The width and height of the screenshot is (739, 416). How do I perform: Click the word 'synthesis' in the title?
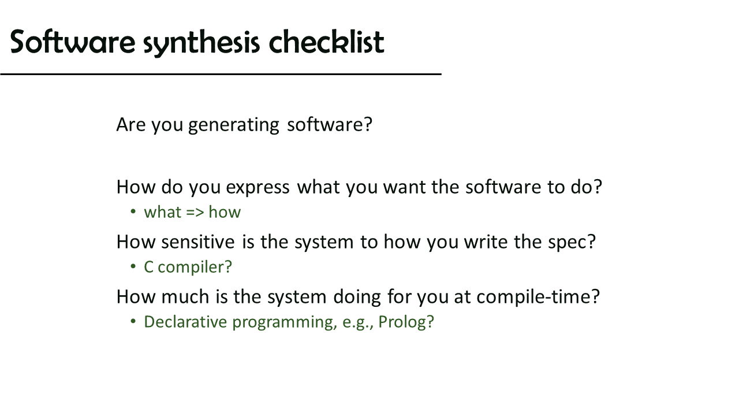(201, 43)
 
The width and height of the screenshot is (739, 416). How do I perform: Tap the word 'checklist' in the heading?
(327, 42)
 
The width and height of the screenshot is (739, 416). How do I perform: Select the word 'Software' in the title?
(73, 42)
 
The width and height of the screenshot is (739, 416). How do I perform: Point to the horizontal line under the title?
(221, 75)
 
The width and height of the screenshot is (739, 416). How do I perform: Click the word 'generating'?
(234, 125)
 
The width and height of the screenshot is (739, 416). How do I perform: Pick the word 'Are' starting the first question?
(131, 124)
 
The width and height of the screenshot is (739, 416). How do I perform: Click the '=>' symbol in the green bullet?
(195, 212)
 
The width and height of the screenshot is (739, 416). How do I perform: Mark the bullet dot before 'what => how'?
(133, 211)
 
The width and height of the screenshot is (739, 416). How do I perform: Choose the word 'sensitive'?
(198, 242)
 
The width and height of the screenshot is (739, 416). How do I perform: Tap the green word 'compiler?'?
(195, 268)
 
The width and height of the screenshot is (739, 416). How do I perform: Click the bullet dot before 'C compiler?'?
(133, 266)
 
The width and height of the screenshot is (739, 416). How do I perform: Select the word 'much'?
(185, 296)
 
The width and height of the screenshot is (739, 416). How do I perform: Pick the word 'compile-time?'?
(538, 297)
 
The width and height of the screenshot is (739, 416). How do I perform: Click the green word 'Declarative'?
(185, 322)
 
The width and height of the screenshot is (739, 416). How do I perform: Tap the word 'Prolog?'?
(406, 322)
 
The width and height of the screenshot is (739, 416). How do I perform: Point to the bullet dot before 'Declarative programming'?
(133, 321)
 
